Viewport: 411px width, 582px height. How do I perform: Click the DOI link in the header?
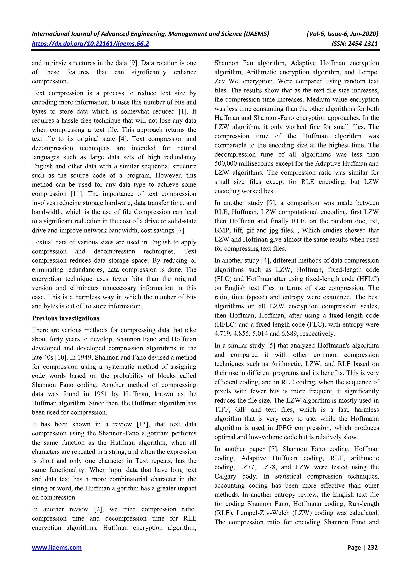click(90, 44)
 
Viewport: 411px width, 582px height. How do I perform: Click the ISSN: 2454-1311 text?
click(354, 44)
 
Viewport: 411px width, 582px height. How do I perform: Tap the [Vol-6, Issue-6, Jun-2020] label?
click(342, 34)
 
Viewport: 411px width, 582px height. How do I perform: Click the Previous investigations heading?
click(66, 318)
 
